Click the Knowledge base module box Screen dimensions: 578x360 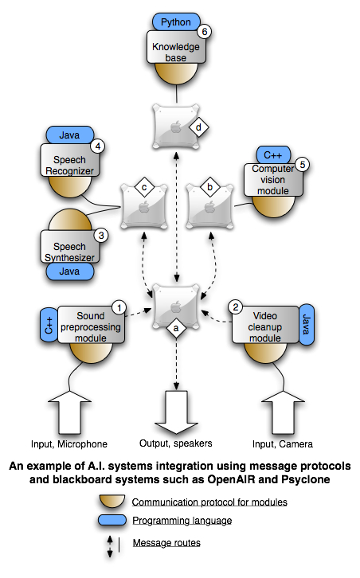coord(177,53)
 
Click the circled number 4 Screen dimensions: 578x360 coord(97,146)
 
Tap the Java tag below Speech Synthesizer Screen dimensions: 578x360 coord(70,271)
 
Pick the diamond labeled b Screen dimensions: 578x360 coord(210,188)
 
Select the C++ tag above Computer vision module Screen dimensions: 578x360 coord(273,154)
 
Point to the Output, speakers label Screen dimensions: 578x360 coord(180,443)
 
